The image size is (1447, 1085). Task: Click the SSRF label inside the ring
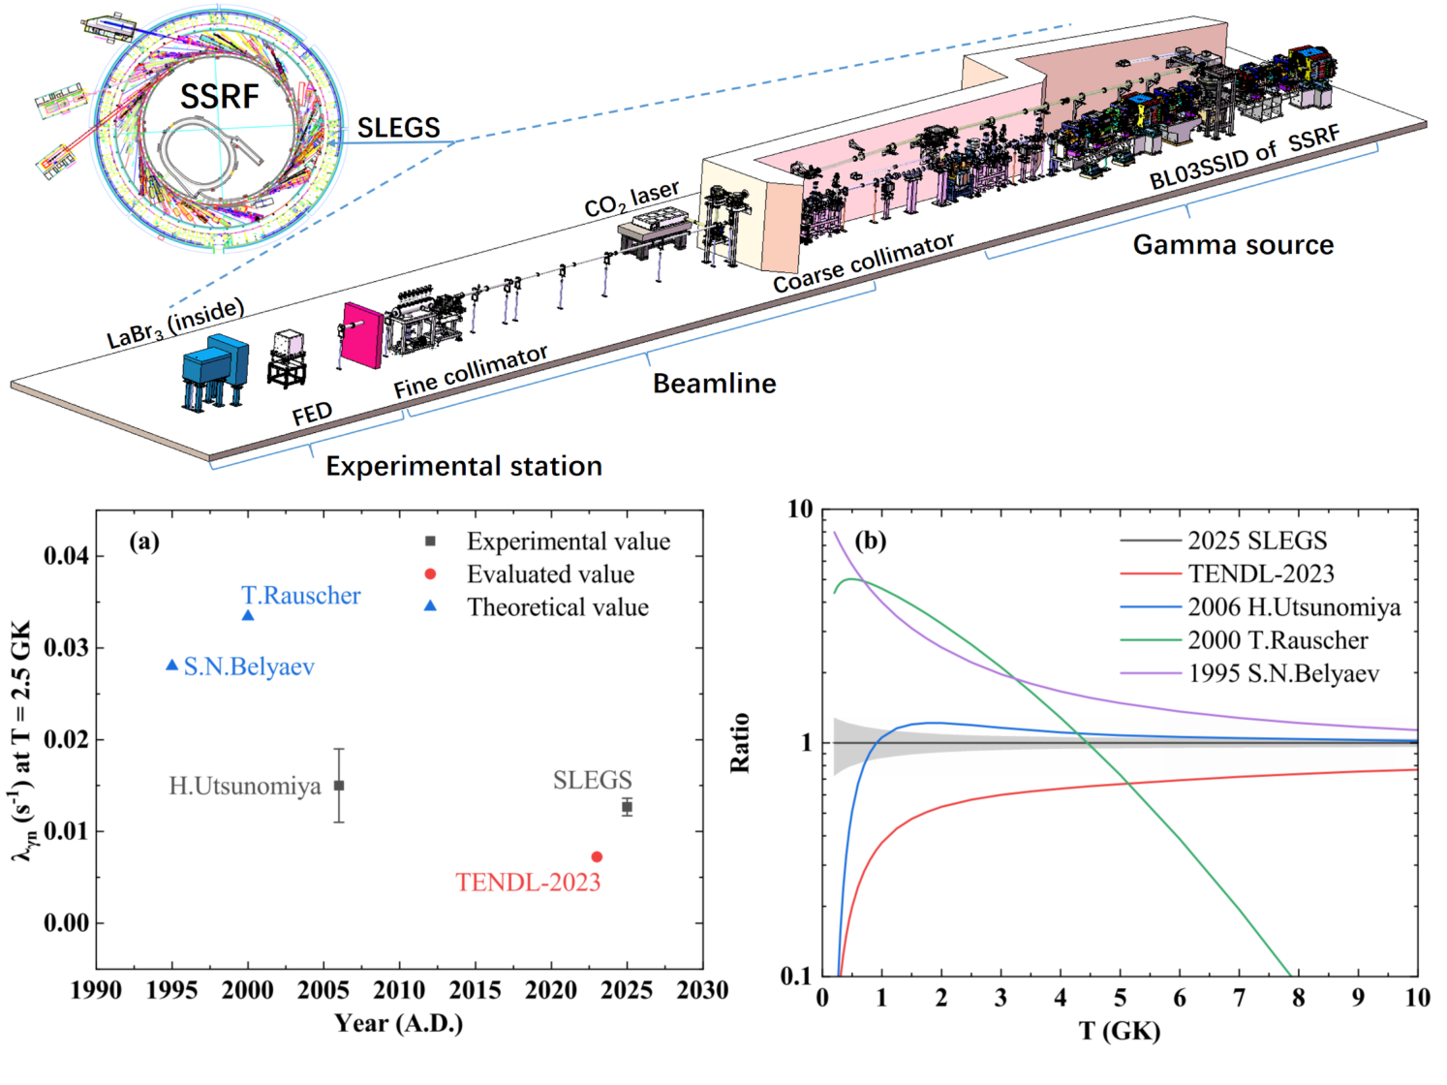[x=220, y=97]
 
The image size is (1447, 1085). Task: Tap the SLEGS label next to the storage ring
[x=398, y=128]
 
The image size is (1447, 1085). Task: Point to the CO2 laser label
[x=631, y=199]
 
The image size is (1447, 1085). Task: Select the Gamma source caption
[x=1233, y=245]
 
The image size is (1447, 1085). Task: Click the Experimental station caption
[x=463, y=466]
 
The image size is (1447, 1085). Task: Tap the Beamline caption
[x=714, y=384]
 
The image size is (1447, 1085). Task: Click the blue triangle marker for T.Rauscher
[x=248, y=615]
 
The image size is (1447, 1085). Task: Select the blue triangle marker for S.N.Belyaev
[x=172, y=666]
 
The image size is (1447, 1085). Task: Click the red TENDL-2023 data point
[x=597, y=856]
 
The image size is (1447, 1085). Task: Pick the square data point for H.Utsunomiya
[x=339, y=786]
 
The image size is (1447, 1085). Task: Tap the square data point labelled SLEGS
[x=627, y=807]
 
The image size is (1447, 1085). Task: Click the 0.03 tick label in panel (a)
[x=67, y=647]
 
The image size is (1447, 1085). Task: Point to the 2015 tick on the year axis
[x=475, y=990]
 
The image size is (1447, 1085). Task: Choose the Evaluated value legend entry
[x=550, y=574]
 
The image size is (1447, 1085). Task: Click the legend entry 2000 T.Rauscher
[x=1278, y=640]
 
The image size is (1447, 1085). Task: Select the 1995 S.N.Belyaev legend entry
[x=1283, y=673]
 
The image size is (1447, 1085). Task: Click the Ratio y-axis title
[x=740, y=742]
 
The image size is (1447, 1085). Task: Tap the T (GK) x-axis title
[x=1120, y=1031]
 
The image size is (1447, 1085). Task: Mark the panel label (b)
[x=871, y=541]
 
